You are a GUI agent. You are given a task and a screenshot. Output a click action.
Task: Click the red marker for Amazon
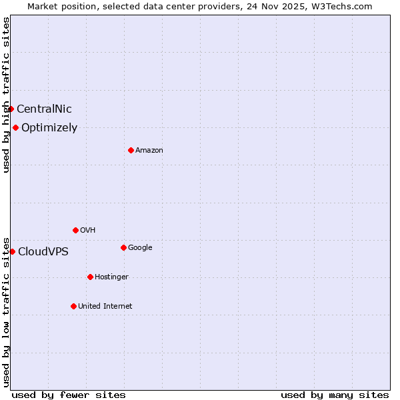coord(131,150)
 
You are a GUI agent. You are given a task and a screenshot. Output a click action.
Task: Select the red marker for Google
coord(123,247)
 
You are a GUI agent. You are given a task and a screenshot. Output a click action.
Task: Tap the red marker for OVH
coord(75,230)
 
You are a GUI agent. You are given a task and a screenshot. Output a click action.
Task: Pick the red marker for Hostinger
coord(90,277)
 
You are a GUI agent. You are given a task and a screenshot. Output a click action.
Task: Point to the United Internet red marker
coord(73,306)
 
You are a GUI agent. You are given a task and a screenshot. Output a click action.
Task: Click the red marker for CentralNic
coord(11,109)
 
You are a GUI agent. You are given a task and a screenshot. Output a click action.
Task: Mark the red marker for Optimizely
coord(15,127)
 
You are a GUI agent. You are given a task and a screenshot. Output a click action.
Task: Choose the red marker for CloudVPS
coord(12,251)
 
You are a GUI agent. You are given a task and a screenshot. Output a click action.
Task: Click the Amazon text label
coord(149,151)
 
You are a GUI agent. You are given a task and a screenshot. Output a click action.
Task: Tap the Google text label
coord(140,248)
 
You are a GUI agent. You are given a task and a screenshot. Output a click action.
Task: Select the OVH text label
coord(87,231)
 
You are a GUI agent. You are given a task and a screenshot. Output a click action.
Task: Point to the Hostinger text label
coord(111,277)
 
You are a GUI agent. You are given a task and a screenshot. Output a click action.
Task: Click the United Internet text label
coord(105,307)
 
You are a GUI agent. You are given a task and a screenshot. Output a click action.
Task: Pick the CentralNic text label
coord(44,109)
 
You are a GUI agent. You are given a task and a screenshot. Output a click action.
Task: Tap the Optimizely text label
coord(49,128)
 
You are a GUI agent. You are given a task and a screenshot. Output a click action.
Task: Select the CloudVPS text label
coord(43,252)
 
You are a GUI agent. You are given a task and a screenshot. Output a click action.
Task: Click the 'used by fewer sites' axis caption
coord(69,395)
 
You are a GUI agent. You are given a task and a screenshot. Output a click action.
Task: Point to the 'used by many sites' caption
coord(335,395)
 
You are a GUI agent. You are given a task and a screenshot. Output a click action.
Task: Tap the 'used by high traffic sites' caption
coord(6,95)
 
